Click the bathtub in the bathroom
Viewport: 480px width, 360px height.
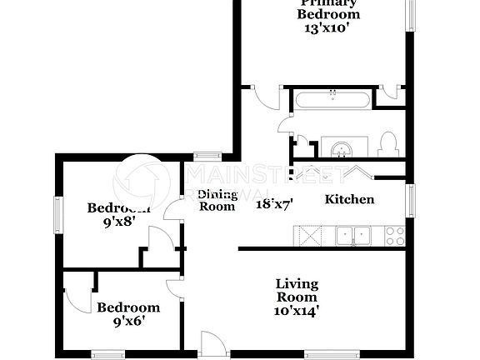(332, 101)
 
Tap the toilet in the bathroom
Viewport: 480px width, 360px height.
(386, 145)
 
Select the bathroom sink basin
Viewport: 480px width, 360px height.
(341, 149)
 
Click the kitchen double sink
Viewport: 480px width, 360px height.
(353, 236)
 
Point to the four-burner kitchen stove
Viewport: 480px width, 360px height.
(394, 236)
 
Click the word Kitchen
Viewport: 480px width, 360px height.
(348, 199)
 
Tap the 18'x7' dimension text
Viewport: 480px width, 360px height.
(274, 202)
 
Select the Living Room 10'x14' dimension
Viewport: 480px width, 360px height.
(297, 311)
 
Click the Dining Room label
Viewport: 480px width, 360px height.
(217, 200)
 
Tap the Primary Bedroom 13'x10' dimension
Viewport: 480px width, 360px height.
(330, 27)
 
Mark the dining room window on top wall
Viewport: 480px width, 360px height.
(207, 154)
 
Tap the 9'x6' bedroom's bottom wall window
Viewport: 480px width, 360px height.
(107, 353)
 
